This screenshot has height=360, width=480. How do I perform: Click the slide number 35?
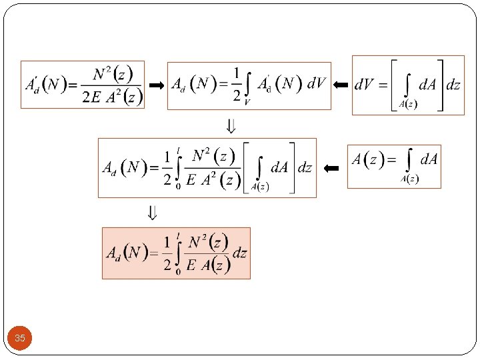pos(20,339)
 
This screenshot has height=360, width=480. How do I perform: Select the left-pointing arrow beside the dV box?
pos(341,85)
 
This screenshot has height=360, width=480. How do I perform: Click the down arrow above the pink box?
pos(153,213)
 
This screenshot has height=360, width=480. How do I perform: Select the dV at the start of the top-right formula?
pos(366,85)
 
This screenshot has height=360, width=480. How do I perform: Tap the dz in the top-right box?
pos(453,85)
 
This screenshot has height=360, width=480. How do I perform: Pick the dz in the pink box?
pos(239,253)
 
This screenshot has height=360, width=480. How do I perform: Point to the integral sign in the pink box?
pos(179,253)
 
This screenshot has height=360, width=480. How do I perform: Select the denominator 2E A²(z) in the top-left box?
pos(112,97)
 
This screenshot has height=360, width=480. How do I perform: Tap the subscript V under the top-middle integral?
pos(247,102)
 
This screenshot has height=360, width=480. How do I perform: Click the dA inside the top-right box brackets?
pos(427,85)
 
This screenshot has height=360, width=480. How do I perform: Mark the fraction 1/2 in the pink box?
pos(167,253)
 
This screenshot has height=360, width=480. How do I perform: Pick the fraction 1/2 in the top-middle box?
pos(236,84)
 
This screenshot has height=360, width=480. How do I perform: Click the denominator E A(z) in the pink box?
pos(207,265)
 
